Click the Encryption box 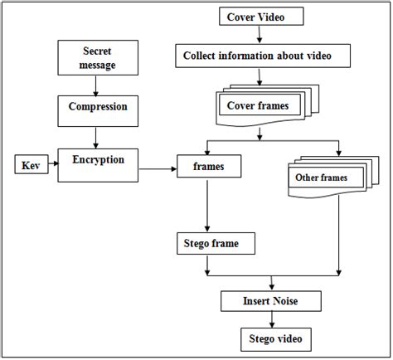(99, 159)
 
